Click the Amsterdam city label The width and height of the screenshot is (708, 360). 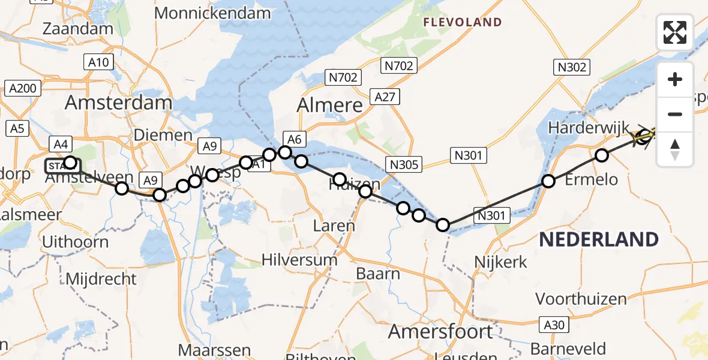coord(118,103)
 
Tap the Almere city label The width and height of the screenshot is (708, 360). coord(330,106)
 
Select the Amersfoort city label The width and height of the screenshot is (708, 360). coord(441,331)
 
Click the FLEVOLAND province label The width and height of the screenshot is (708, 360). coord(462,22)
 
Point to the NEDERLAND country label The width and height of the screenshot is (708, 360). coord(598,239)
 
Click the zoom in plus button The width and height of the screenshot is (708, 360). coord(675,79)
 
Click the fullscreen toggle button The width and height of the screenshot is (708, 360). coord(675,32)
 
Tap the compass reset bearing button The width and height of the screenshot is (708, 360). coord(675,149)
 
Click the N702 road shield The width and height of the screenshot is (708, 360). coord(398,65)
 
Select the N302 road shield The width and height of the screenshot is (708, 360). coord(572,67)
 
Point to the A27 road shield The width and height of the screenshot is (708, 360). coord(385,97)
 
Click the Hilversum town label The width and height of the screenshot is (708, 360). coord(299,260)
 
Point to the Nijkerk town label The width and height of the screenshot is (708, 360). coord(500,262)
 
